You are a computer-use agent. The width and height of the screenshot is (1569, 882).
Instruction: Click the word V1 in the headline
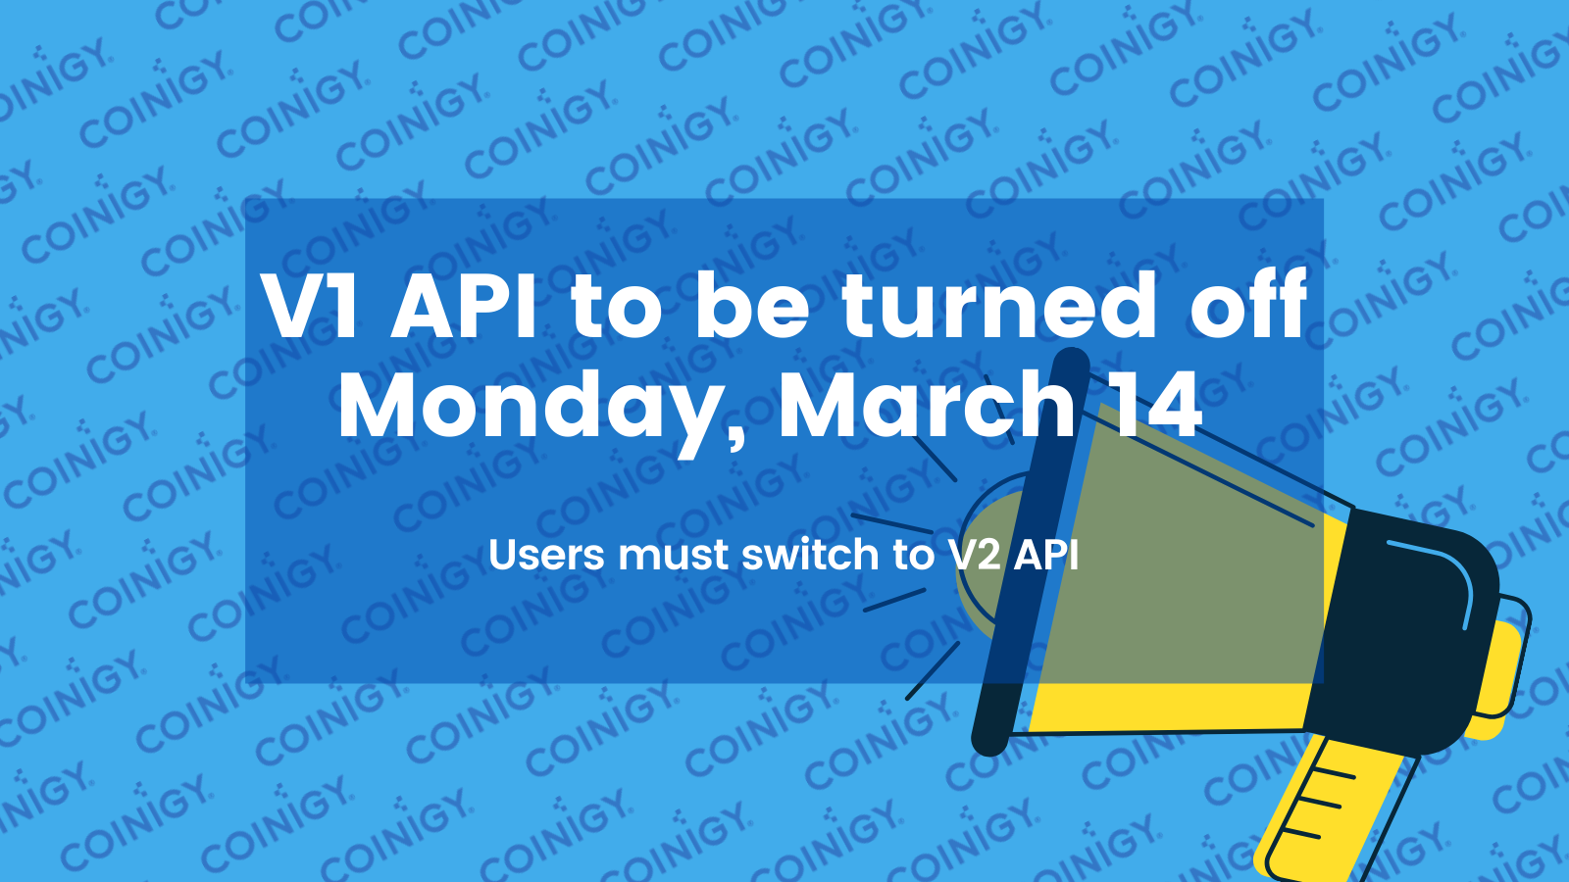click(x=312, y=307)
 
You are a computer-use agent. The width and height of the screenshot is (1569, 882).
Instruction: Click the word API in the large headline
click(x=464, y=307)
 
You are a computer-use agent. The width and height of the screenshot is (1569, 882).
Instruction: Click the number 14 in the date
click(x=1153, y=405)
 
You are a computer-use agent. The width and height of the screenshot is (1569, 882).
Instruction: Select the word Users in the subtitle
click(x=546, y=556)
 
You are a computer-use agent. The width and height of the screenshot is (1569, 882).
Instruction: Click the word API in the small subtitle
click(x=1046, y=556)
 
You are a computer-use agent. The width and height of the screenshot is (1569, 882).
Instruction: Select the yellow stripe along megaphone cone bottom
click(x=1167, y=708)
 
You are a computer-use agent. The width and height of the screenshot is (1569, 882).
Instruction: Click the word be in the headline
click(x=752, y=307)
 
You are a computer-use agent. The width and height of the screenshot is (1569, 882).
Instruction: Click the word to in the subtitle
click(x=913, y=556)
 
